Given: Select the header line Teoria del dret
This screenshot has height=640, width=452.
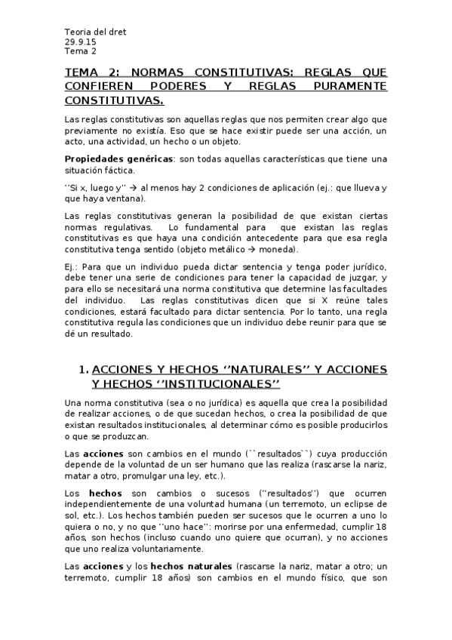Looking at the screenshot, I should (95, 32).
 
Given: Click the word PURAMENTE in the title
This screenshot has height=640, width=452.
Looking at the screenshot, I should (351, 86).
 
